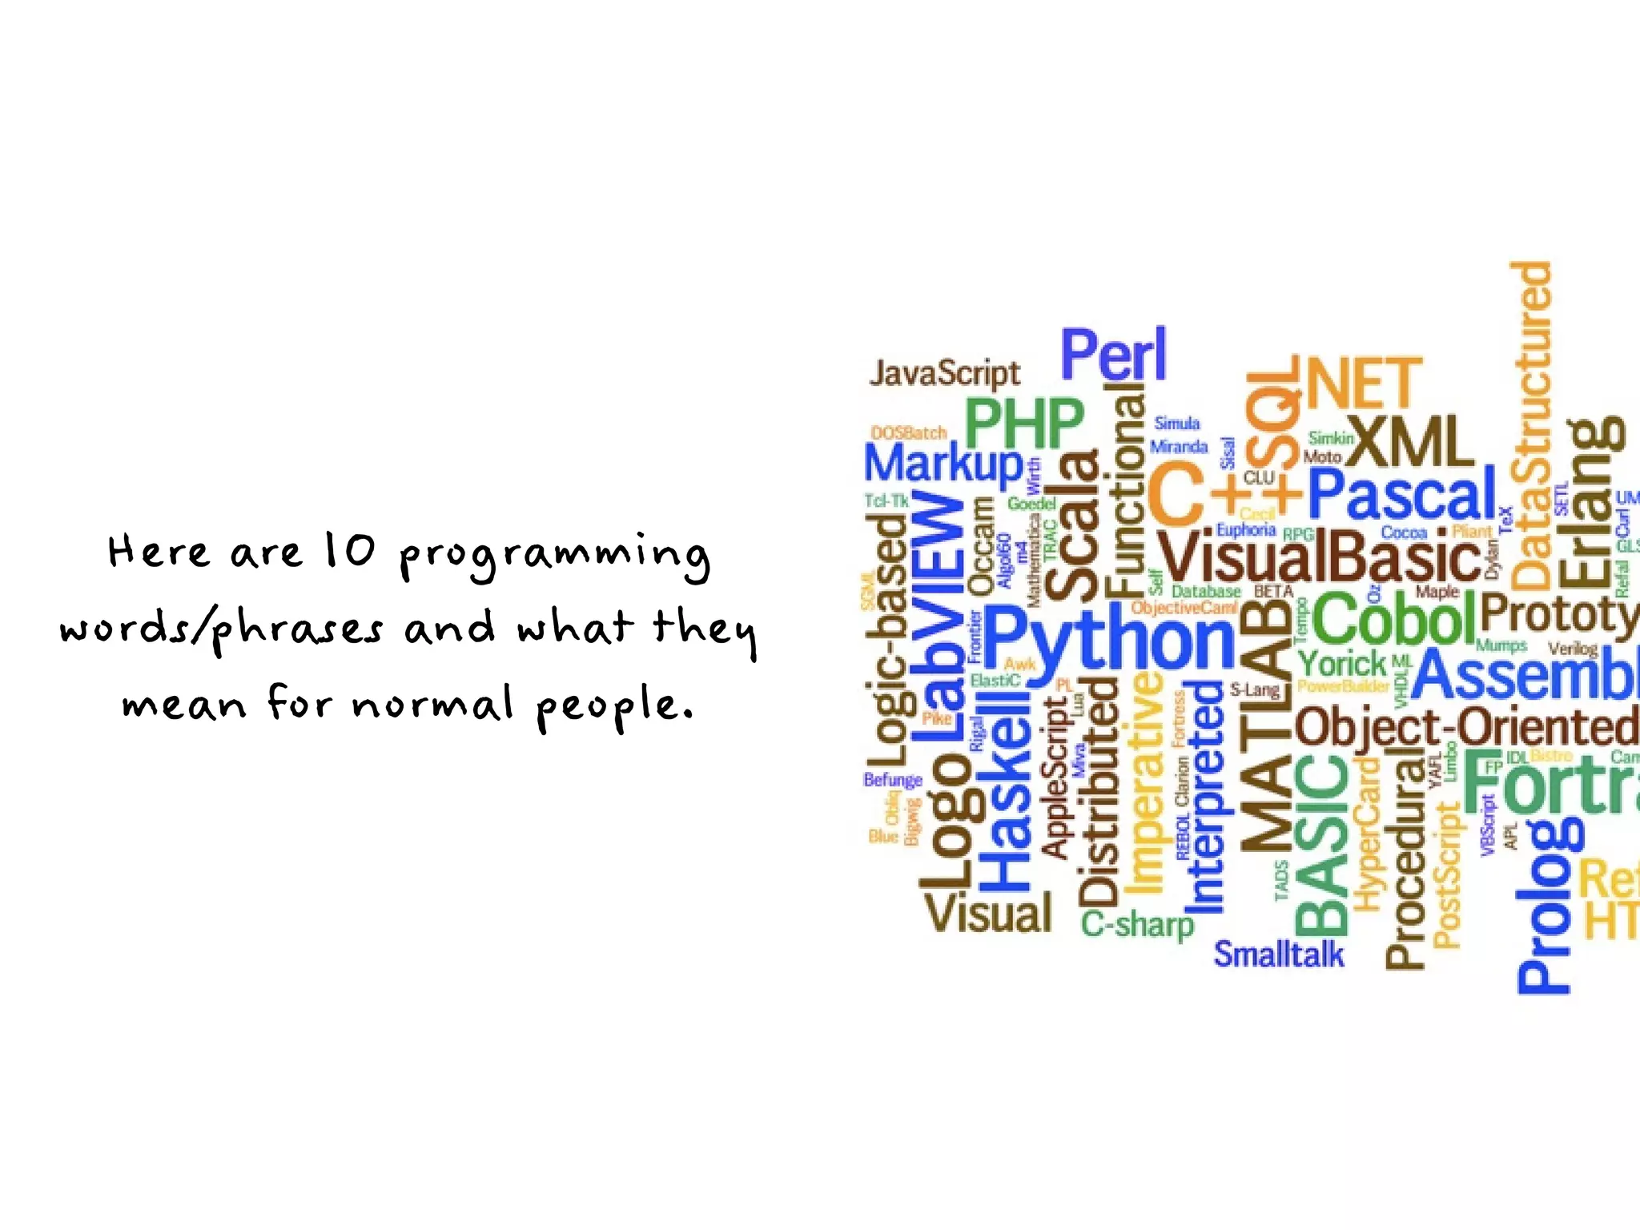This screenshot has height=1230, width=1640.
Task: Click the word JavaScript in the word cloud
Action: point(945,374)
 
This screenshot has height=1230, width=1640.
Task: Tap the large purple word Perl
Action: point(1114,355)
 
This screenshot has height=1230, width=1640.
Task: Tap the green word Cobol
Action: point(1393,619)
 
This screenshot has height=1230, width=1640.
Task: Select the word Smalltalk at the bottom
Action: point(1279,955)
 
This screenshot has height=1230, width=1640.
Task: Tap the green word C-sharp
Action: point(1137,925)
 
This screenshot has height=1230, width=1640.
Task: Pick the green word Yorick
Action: point(1341,664)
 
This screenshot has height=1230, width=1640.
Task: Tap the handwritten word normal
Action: point(432,704)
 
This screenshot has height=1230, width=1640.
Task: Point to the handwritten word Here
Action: point(159,552)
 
